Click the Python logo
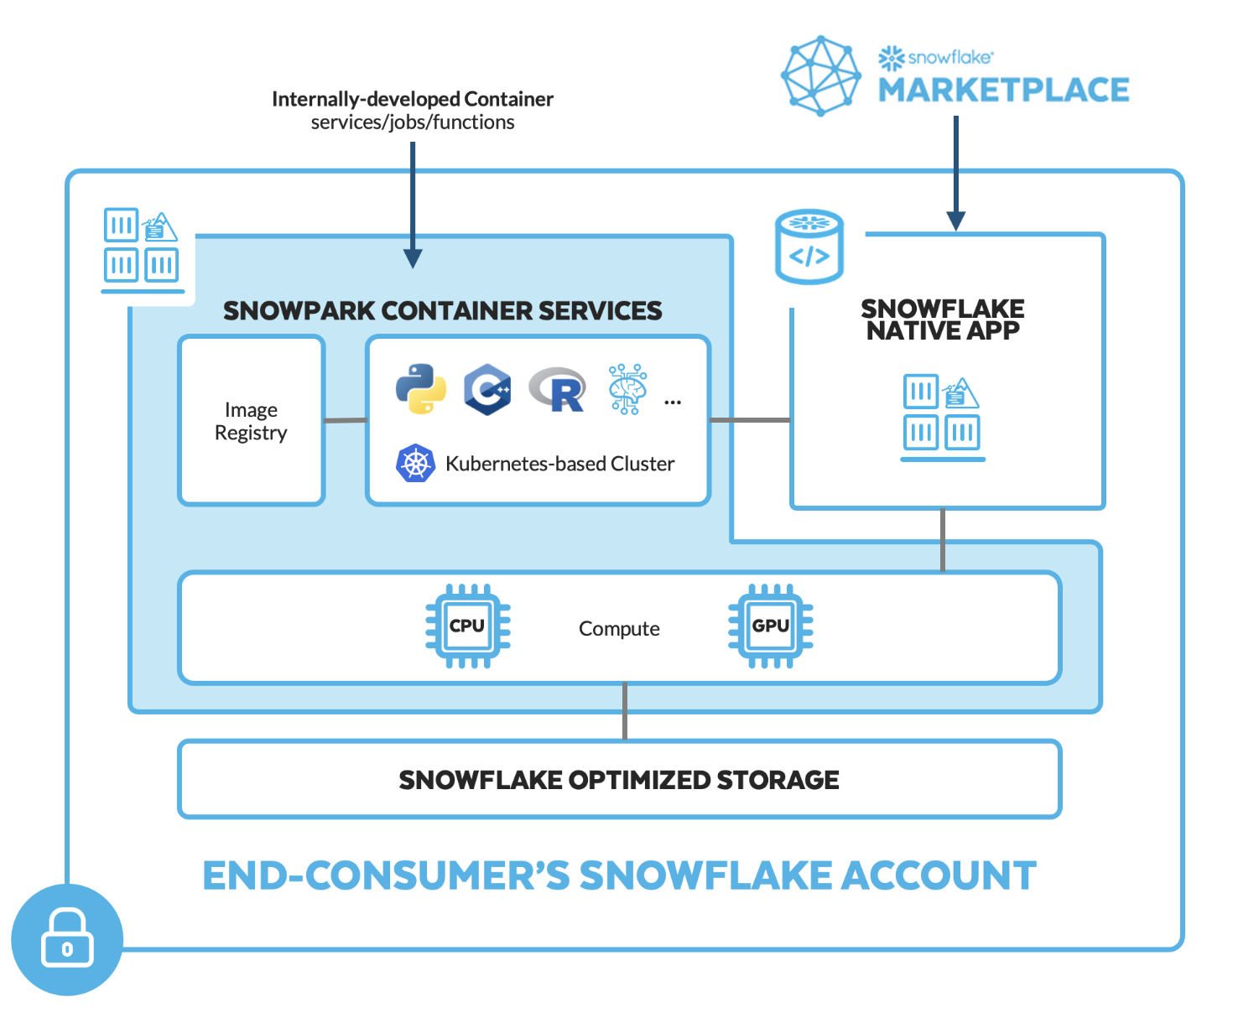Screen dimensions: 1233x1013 click(420, 388)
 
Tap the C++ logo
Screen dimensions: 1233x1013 click(487, 388)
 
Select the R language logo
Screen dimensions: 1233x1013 click(557, 389)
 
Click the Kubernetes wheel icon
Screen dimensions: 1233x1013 click(415, 462)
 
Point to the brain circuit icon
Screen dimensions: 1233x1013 click(627, 388)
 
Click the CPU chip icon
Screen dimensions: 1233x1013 click(468, 625)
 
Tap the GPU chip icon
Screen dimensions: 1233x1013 click(770, 625)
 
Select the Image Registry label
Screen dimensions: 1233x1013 click(251, 420)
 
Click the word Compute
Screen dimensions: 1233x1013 click(618, 628)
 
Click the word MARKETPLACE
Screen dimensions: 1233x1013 click(1003, 90)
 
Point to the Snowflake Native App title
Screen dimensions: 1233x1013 click(942, 319)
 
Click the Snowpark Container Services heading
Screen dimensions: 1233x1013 click(443, 310)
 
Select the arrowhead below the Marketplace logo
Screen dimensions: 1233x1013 click(955, 221)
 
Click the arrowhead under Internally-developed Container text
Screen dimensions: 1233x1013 click(412, 258)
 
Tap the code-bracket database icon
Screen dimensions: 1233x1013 click(809, 246)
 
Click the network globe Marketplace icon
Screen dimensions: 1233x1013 click(821, 75)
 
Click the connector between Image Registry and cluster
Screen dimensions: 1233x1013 click(346, 419)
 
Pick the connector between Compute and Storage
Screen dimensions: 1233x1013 click(624, 711)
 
